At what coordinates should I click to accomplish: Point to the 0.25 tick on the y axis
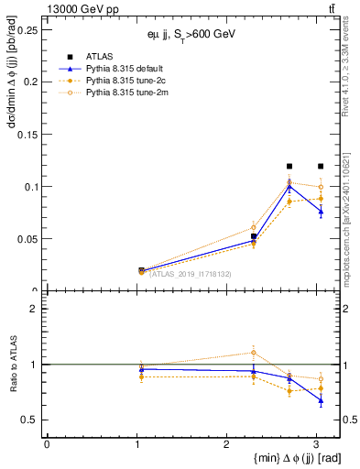(x=29, y=29)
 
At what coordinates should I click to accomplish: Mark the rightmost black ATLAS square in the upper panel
(x=320, y=166)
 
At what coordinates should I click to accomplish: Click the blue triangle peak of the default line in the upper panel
(x=289, y=186)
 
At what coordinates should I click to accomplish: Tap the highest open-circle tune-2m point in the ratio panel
(x=253, y=352)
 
